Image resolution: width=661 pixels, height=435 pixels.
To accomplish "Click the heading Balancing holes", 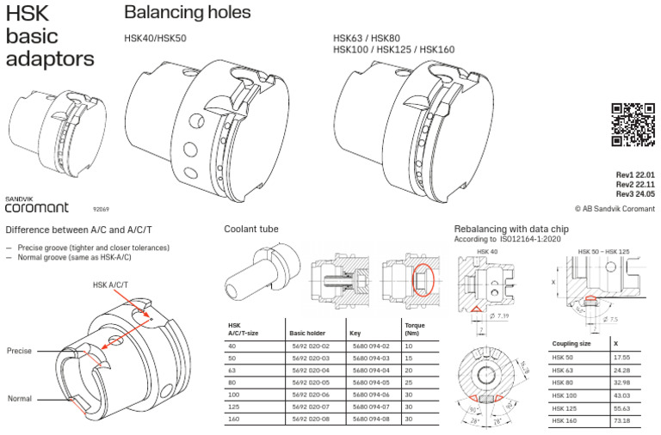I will (188, 13).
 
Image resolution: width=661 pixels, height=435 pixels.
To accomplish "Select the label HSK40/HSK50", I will (156, 38).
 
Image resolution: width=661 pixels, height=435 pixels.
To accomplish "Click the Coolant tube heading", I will (251, 230).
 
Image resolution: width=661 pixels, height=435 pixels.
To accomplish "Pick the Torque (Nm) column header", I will (415, 330).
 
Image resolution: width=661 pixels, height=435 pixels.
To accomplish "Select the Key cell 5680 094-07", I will (371, 406).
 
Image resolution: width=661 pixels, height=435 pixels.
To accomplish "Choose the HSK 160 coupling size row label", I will (565, 422).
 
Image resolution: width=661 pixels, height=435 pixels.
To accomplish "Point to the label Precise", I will (19, 352).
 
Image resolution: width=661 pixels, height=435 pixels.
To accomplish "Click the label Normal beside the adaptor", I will (19, 399).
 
